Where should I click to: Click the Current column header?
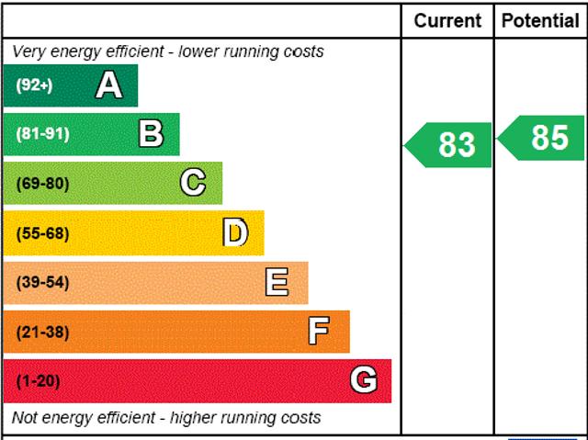click(447, 20)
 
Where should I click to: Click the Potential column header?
click(541, 20)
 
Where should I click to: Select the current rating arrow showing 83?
click(450, 144)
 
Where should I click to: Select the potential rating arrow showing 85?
click(544, 138)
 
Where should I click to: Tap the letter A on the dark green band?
click(108, 85)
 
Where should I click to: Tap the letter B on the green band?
click(151, 134)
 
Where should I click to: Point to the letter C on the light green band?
click(193, 183)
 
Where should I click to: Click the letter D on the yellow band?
click(235, 232)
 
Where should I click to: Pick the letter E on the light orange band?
click(277, 282)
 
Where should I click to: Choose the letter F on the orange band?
click(319, 332)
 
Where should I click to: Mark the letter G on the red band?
click(364, 380)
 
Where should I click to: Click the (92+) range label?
click(35, 85)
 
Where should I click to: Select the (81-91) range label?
click(42, 134)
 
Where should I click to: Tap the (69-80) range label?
click(42, 183)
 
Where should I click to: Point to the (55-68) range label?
click(42, 232)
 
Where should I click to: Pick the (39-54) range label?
click(42, 282)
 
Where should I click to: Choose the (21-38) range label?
click(42, 332)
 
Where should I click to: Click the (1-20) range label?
click(38, 380)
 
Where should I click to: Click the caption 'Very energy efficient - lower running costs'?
click(168, 51)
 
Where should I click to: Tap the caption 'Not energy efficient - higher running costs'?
click(166, 418)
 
